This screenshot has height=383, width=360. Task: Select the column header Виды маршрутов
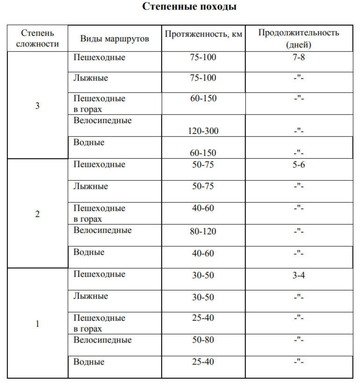[115, 39]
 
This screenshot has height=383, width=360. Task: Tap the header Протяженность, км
[204, 34]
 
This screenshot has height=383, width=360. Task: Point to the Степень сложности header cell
[37, 38]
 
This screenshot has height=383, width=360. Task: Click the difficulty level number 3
[37, 106]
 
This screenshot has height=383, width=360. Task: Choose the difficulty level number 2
[37, 214]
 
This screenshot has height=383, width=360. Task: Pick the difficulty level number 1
[37, 324]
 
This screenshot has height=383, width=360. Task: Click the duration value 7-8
[299, 57]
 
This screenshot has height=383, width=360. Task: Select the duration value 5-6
[299, 164]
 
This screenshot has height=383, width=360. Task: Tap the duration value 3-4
[299, 275]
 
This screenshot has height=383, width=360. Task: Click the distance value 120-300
[203, 131]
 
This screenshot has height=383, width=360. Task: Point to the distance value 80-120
[203, 230]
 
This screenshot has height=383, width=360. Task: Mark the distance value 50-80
[203, 340]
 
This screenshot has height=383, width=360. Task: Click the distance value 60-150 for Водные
[203, 153]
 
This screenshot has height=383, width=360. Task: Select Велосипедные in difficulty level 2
[102, 230]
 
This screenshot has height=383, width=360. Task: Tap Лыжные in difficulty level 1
[91, 296]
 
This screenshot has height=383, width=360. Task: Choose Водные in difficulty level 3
[89, 142]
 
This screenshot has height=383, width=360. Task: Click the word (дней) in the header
[299, 45]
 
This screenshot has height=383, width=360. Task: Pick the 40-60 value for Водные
[203, 252]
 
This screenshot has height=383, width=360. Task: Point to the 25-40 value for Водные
[203, 362]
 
